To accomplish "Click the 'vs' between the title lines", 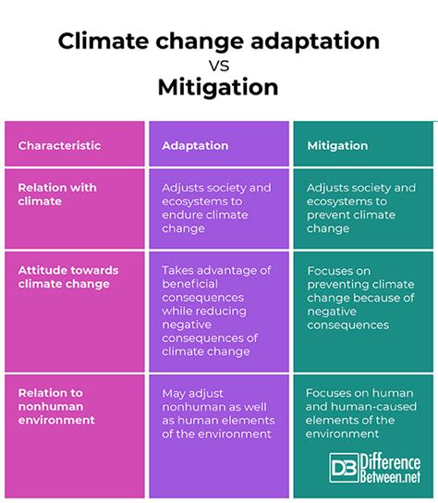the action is point(219,66).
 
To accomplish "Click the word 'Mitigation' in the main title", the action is point(218,87).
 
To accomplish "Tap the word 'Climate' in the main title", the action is point(103,41).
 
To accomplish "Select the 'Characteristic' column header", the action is point(60,146).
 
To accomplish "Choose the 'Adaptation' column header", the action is point(195,146).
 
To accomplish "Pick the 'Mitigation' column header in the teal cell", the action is point(337,146).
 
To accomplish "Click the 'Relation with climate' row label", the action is point(57,194).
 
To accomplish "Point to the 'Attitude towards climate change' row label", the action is point(68,277).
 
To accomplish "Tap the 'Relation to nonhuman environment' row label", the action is point(56,407).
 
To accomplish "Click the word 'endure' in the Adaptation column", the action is point(181,215).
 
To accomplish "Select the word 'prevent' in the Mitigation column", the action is point(327,215).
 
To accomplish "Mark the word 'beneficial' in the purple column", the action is point(190,284).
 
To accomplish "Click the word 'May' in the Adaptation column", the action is point(173,394).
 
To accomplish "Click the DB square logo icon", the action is point(344,468).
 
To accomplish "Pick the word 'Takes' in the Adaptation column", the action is point(177,270).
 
